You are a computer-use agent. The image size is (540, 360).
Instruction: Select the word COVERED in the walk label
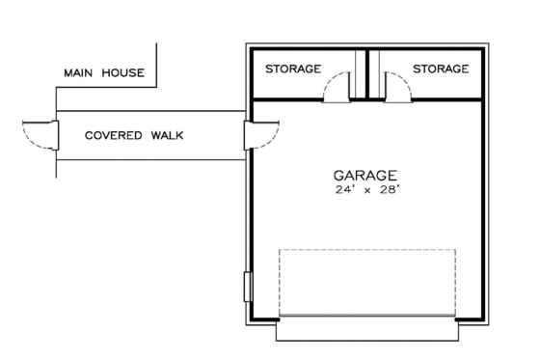tap(113, 135)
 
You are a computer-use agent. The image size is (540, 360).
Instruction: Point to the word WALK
tap(167, 135)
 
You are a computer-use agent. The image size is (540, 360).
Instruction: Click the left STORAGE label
tap(293, 69)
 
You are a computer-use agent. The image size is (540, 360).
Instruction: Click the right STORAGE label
tap(441, 69)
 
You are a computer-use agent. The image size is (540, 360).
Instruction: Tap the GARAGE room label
tap(365, 176)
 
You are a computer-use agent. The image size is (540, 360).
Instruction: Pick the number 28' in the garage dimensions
tap(387, 191)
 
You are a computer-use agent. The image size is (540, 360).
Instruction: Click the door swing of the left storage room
tap(337, 88)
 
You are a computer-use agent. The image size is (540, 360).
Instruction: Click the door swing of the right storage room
tap(394, 88)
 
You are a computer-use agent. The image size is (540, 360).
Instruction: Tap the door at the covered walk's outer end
tap(39, 135)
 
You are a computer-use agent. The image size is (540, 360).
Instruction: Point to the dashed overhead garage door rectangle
tap(367, 281)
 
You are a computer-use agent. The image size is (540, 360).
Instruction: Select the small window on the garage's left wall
tap(246, 288)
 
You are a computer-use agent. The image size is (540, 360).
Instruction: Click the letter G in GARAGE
tap(339, 176)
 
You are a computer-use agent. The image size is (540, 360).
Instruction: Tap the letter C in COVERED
tap(89, 135)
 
